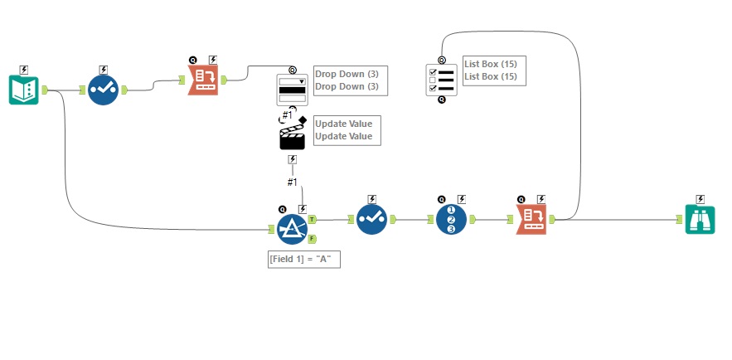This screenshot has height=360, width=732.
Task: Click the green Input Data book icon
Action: click(24, 90)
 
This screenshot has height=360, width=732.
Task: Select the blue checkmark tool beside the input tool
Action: click(104, 90)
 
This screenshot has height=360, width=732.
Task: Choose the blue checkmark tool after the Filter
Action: click(372, 220)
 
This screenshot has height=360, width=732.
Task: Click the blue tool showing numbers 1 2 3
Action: click(452, 220)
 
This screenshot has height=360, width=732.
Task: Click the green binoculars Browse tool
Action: click(700, 220)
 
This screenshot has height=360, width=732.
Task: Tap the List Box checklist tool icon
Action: click(441, 80)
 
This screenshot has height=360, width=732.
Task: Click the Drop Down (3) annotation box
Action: click(347, 80)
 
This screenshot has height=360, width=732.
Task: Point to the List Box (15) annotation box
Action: click(494, 70)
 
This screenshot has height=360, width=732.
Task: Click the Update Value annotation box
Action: click(347, 130)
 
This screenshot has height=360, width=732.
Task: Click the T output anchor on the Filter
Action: click(312, 219)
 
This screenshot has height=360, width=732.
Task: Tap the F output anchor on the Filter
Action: click(312, 239)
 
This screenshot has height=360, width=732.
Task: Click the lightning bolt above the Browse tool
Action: click(700, 199)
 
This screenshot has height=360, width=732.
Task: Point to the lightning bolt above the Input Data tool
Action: click(24, 69)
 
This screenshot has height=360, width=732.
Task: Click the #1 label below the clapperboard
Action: click(292, 182)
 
